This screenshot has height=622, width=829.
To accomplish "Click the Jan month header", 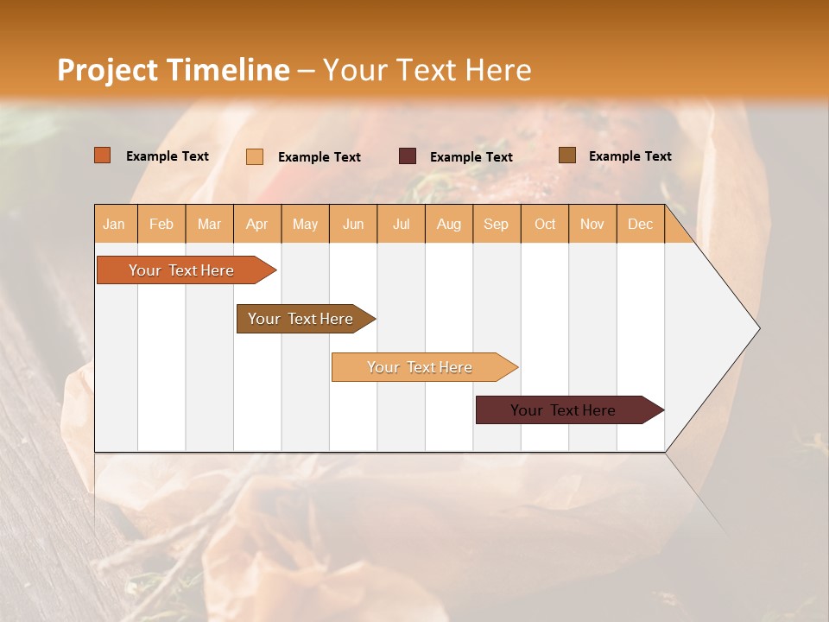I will point(115,224).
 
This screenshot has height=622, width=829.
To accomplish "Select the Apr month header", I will point(257,224).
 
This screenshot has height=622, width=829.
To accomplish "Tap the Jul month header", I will point(401,224).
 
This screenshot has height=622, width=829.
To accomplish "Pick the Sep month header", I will point(496,224).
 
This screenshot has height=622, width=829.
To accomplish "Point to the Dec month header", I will point(640,224).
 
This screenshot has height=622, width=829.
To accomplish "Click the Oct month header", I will point(545,224).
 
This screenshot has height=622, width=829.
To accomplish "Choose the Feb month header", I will point(161,224).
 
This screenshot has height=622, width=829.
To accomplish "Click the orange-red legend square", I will point(103,155).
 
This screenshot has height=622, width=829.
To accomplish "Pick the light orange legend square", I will point(255,156).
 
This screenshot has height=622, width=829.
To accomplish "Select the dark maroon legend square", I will point(408,155).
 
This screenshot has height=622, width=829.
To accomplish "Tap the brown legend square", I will point(566,155).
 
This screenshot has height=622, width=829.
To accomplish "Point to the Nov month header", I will point(592,224).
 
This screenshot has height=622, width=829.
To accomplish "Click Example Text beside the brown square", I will point(630,155).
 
